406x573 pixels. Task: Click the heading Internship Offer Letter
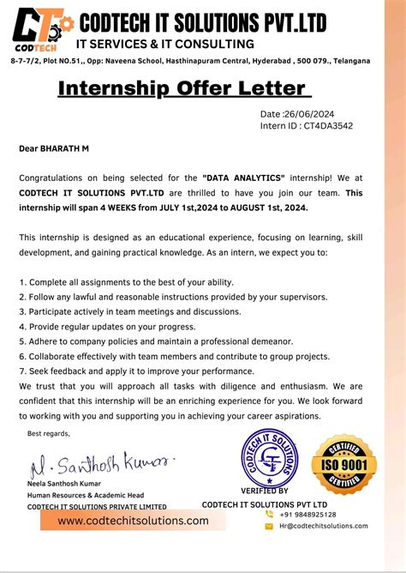(181, 88)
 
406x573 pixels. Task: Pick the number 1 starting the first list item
(21, 281)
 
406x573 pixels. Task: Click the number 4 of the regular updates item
(21, 326)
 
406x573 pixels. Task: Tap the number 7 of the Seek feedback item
(21, 371)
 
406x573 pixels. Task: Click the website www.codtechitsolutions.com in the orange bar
(134, 521)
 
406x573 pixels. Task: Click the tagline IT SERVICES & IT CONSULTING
(165, 44)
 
